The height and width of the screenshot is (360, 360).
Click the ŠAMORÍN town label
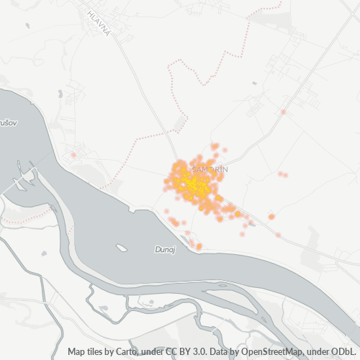point(210,168)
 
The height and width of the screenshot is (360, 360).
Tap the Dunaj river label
point(165,249)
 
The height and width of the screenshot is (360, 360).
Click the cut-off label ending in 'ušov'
point(7,124)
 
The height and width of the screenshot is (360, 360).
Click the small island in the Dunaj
point(122,248)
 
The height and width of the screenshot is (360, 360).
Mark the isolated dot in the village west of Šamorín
point(73,155)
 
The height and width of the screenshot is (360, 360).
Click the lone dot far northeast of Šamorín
point(284,112)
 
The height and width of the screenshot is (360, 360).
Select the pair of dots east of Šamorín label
point(283,174)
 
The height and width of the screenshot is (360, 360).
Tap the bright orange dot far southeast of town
point(271,216)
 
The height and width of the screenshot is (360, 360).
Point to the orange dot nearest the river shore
point(199,246)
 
